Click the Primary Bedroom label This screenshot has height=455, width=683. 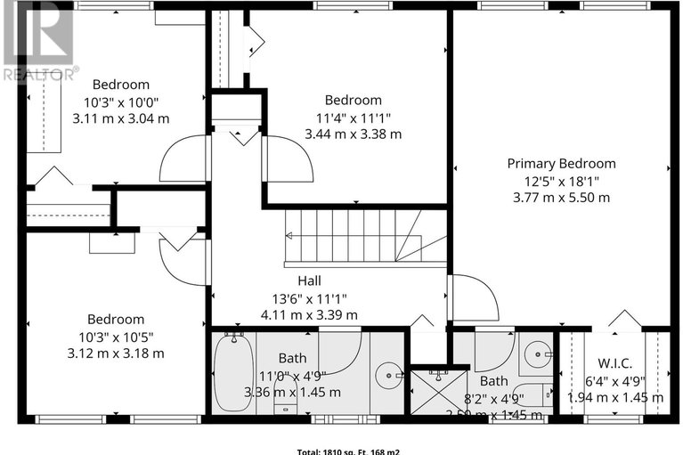[x=561, y=163]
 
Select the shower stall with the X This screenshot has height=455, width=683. [x=431, y=391]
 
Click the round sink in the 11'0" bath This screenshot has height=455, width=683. [x=387, y=373]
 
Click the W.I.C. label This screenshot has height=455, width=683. [x=614, y=362]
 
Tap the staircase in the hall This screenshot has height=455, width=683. [x=365, y=237]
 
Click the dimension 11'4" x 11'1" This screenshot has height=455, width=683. [x=353, y=118]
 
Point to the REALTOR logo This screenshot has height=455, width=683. [x=38, y=40]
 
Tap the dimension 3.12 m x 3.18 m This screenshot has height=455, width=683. [x=115, y=353]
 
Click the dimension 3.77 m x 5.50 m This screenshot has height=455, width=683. [x=561, y=197]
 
